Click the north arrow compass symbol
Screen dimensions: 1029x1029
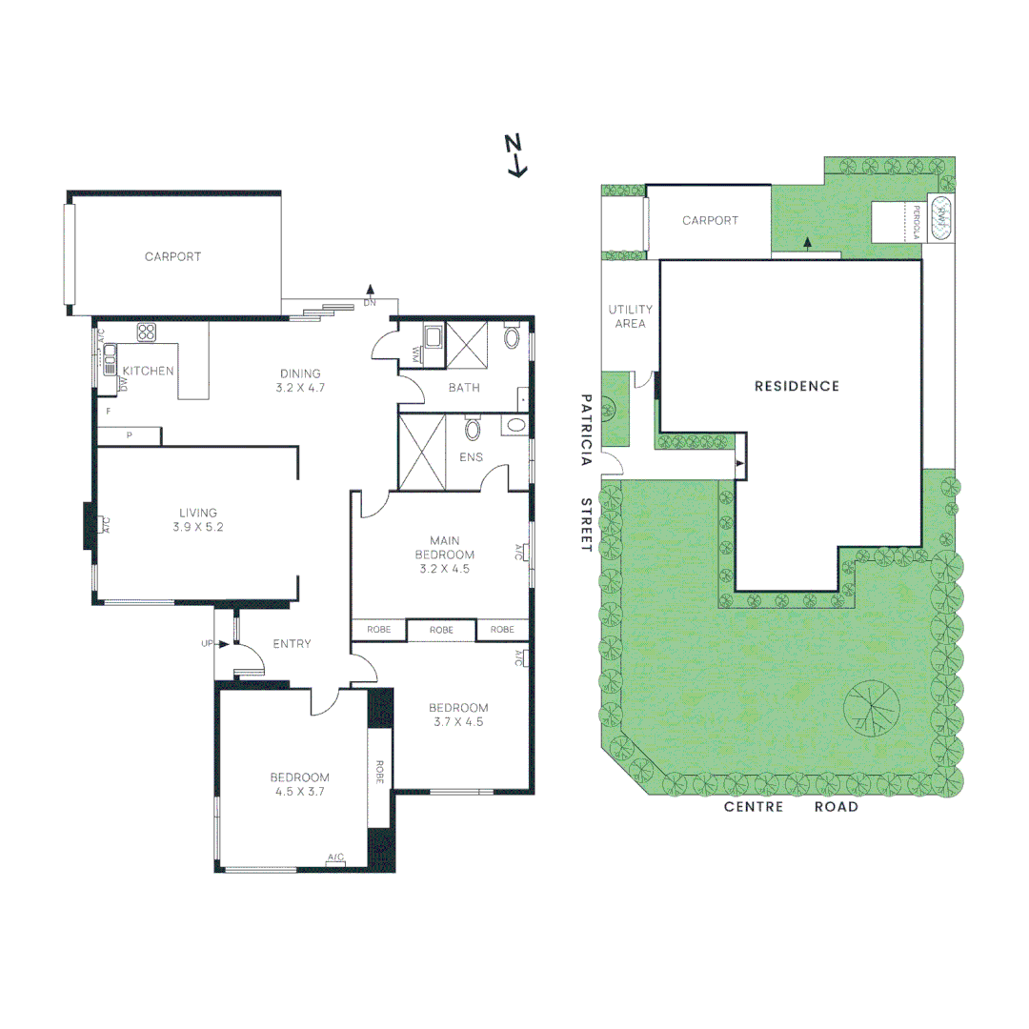(x=515, y=155)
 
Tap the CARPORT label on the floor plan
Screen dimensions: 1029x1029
(x=172, y=256)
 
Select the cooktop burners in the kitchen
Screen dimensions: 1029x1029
(x=146, y=333)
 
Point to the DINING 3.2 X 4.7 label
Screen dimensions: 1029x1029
(x=300, y=381)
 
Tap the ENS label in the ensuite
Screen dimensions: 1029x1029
(x=471, y=457)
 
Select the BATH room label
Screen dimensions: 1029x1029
(x=464, y=388)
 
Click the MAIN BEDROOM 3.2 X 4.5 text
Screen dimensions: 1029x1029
(x=444, y=554)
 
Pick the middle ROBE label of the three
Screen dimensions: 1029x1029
(x=441, y=630)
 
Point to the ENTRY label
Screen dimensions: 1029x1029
(x=292, y=644)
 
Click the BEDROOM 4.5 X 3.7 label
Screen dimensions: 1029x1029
(x=299, y=783)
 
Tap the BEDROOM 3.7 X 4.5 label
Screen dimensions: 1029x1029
(x=458, y=715)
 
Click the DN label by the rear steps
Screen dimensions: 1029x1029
(x=370, y=304)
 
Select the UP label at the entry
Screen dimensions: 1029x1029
(x=207, y=644)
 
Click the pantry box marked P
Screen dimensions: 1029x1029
(x=129, y=436)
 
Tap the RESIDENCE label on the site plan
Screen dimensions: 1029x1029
(x=797, y=386)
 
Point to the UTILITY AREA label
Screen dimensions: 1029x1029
(x=630, y=316)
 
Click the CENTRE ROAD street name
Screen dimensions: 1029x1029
(x=791, y=807)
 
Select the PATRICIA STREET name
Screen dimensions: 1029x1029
(x=586, y=473)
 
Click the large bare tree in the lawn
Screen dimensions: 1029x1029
(x=871, y=710)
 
